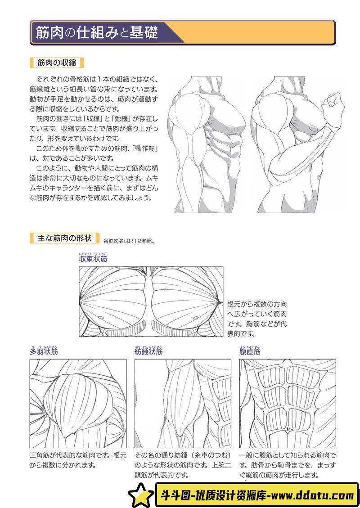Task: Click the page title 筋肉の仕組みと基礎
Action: pos(97,32)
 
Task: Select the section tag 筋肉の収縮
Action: pos(57,63)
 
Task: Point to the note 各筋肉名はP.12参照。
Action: pos(129,241)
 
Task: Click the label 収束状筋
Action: pos(93,259)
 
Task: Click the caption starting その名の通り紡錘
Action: pos(183,464)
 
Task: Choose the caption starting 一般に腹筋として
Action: pos(288,464)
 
